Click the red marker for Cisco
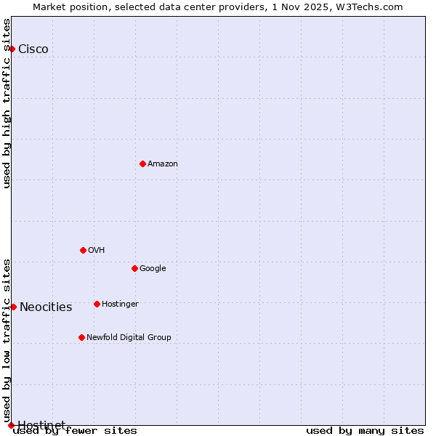click(12, 49)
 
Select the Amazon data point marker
click(142, 163)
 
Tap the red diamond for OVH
click(83, 250)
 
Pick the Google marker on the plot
click(134, 268)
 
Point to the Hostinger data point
click(97, 304)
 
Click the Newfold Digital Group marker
click(81, 337)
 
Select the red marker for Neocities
click(13, 307)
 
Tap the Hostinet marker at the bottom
click(11, 425)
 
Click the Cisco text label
click(33, 49)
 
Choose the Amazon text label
click(163, 164)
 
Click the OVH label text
click(97, 251)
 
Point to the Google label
click(153, 269)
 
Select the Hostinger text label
click(120, 304)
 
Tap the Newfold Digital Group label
click(129, 338)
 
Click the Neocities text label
click(46, 307)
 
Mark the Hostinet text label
click(41, 425)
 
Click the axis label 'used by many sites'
click(365, 430)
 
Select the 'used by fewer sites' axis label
click(75, 430)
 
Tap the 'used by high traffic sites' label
click(7, 103)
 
